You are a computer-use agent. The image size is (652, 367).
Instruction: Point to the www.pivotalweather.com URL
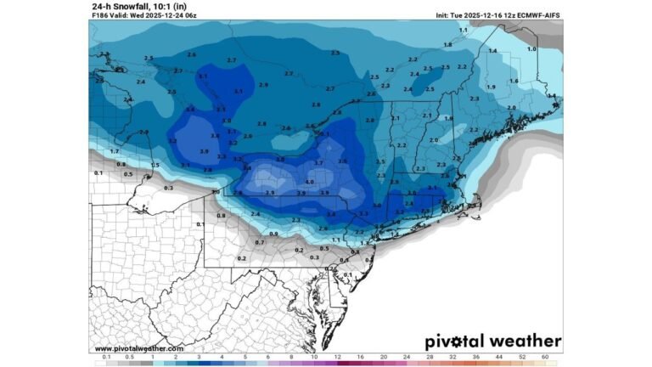(138, 348)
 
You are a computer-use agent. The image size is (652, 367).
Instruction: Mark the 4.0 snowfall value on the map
(310, 182)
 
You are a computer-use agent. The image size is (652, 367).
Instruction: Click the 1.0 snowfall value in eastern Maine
(531, 49)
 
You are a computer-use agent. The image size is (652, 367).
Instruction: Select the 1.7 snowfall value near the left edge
(115, 150)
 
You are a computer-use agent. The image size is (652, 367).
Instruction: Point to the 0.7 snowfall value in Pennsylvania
(260, 242)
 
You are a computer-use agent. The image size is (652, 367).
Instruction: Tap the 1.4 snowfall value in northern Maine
(493, 52)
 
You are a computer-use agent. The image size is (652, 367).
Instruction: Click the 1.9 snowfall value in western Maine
(491, 88)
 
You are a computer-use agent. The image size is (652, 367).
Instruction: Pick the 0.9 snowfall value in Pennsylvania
(273, 233)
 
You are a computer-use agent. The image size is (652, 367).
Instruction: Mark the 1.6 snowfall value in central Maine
(514, 81)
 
